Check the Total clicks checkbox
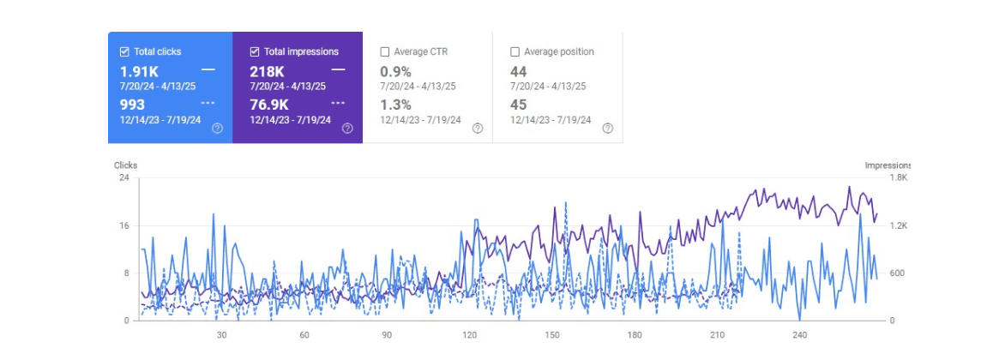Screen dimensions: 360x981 pos(124,51)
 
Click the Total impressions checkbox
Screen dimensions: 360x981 pos(255,51)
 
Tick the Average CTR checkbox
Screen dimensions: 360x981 pos(385,51)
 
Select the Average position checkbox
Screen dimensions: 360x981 pos(515,51)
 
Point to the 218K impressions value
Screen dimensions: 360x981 pos(267,71)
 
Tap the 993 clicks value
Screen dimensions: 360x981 pos(132,105)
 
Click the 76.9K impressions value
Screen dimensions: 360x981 pos(270,105)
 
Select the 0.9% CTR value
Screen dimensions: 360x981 pos(395,71)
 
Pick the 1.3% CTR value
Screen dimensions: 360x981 pos(395,105)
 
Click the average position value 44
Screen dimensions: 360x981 pos(518,71)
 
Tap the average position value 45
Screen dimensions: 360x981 pos(518,105)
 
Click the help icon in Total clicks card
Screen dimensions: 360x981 pos(217,129)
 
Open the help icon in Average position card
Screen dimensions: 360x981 pos(607,129)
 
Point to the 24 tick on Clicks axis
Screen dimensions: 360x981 pos(123,177)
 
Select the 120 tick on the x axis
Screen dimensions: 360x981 pos(469,335)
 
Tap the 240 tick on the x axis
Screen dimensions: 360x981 pos(800,335)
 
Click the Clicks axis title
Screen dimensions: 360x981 pos(125,165)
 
